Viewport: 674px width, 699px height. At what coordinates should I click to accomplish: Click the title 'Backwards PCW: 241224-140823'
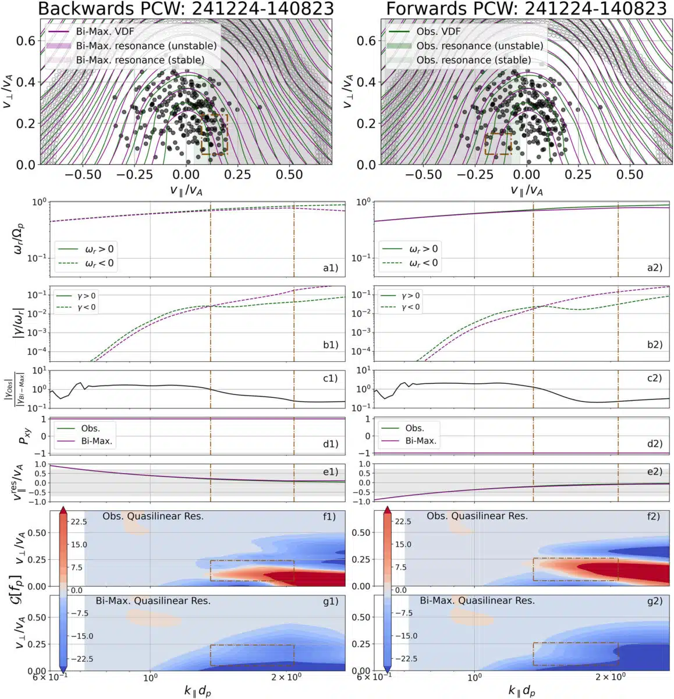click(x=186, y=9)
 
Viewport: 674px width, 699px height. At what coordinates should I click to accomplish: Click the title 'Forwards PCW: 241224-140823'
click(x=526, y=9)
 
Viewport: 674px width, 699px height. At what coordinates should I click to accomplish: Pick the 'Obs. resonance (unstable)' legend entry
click(x=479, y=46)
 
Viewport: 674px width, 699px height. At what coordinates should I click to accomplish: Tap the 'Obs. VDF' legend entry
click(x=438, y=32)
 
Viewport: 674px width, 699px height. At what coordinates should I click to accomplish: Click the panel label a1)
click(x=330, y=268)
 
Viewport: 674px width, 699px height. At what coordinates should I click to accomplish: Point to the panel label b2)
click(x=655, y=344)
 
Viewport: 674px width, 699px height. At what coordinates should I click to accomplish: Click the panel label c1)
click(x=330, y=379)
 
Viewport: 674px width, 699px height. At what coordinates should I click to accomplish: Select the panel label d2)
click(x=655, y=444)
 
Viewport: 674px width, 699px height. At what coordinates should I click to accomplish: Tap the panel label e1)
click(x=330, y=472)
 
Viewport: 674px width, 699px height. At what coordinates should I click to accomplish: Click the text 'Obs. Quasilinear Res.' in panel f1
click(x=153, y=516)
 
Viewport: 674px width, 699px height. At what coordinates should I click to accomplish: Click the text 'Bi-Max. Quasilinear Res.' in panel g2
click(x=477, y=601)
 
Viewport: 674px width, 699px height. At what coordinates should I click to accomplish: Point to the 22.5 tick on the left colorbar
click(x=78, y=522)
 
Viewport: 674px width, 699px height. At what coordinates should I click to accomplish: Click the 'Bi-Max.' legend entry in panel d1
click(x=97, y=442)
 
